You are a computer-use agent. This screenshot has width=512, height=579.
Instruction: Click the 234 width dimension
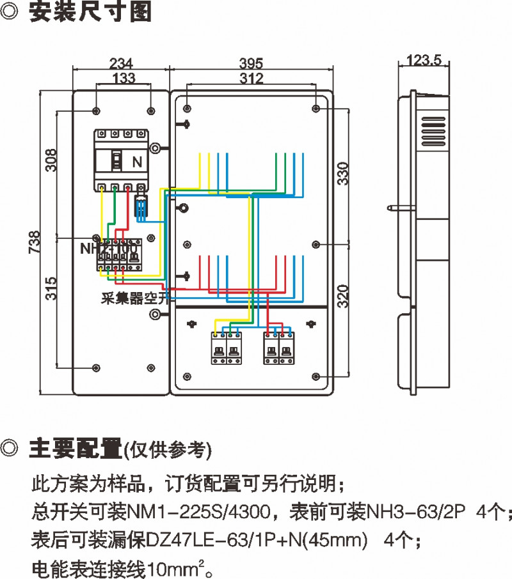pyautogui.click(x=122, y=64)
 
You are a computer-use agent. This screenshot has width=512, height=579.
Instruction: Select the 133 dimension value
pyautogui.click(x=124, y=78)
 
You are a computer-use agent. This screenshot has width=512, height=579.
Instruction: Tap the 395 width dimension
pyautogui.click(x=252, y=64)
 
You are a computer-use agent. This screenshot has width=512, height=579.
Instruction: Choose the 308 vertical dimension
pyautogui.click(x=51, y=160)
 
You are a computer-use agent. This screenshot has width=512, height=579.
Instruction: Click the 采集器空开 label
pyautogui.click(x=134, y=298)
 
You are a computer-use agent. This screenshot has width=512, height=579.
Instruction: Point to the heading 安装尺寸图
pyautogui.click(x=90, y=13)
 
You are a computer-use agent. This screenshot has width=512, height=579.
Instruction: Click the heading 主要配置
pyautogui.click(x=75, y=449)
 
